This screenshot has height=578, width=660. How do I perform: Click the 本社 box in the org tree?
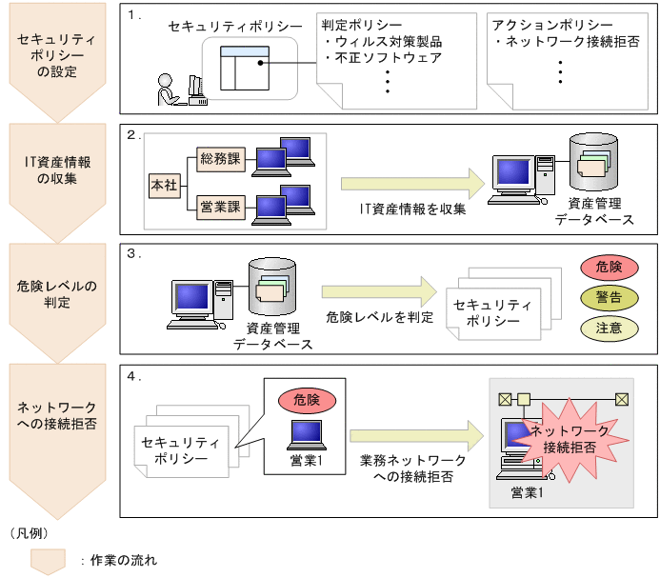pos(164,185)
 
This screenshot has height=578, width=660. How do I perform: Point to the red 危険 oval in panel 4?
pos(307,400)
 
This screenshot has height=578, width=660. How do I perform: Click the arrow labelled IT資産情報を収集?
pos(412,184)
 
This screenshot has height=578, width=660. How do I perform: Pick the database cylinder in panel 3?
pos(273,289)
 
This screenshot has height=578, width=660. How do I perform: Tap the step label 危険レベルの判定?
pos(57,294)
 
